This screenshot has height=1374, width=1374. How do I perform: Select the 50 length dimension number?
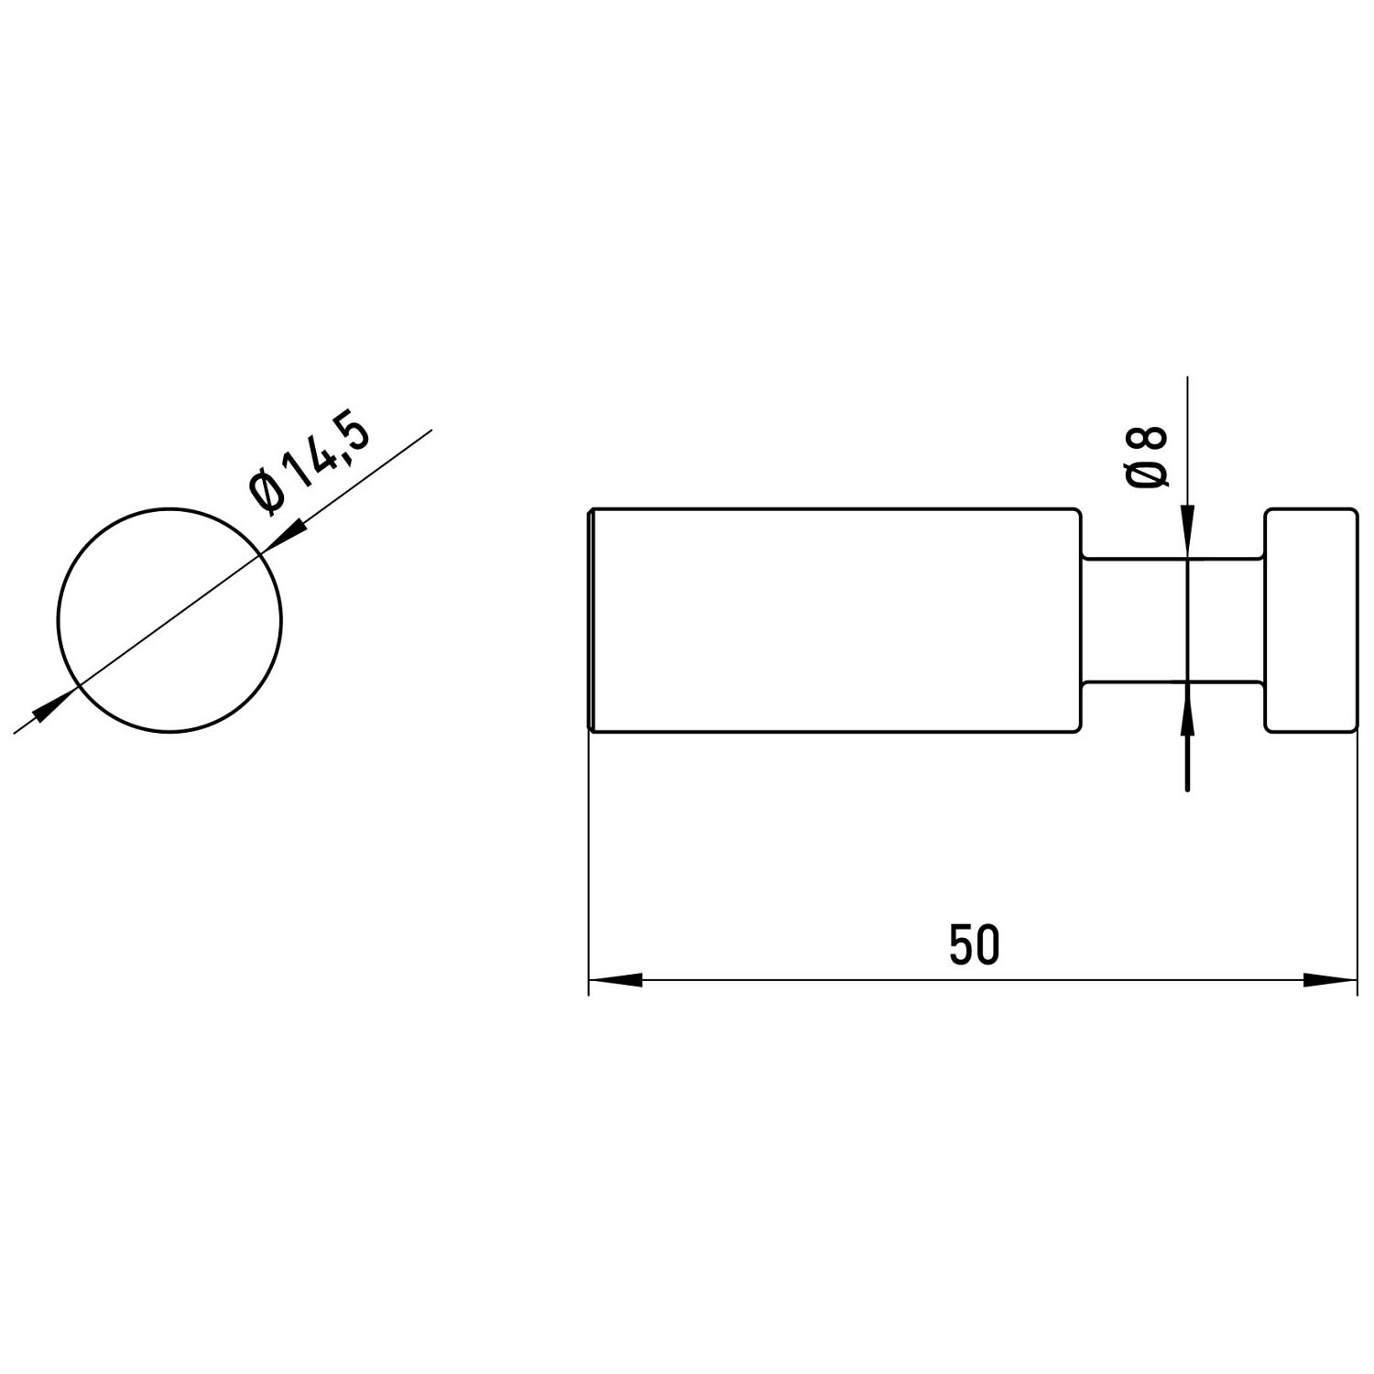tap(974, 945)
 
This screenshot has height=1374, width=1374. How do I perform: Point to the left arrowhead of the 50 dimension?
tap(614, 980)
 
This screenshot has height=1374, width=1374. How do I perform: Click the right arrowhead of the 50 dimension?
tap(1330, 980)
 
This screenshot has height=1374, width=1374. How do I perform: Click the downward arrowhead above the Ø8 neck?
tap(1187, 530)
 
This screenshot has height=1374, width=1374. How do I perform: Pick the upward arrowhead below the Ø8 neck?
tap(1187, 706)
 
